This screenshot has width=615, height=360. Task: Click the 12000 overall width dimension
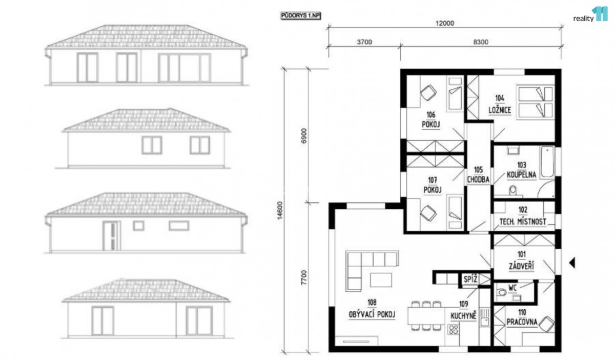pyautogui.click(x=445, y=23)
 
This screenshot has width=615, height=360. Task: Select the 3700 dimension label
pyautogui.click(x=364, y=42)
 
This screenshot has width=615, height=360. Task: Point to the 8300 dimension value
pyautogui.click(x=481, y=42)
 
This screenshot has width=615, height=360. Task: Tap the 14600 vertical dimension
pyautogui.click(x=279, y=210)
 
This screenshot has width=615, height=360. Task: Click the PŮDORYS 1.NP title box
pyautogui.click(x=301, y=16)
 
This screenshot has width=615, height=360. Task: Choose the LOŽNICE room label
pyautogui.click(x=500, y=110)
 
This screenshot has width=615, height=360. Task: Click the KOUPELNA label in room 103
pyautogui.click(x=521, y=175)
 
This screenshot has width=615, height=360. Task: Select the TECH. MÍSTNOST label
pyautogui.click(x=523, y=222)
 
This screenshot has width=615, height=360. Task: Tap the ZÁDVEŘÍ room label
pyautogui.click(x=521, y=266)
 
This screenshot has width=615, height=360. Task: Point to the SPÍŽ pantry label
pyautogui.click(x=470, y=279)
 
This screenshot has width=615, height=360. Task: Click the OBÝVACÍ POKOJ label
pyautogui.click(x=372, y=314)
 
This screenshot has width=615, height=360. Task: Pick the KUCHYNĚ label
pyautogui.click(x=463, y=316)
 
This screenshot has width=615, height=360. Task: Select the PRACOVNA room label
pyautogui.click(x=522, y=322)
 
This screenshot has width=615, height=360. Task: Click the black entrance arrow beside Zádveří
pyautogui.click(x=572, y=263)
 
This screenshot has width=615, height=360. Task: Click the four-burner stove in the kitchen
pyautogui.click(x=453, y=329)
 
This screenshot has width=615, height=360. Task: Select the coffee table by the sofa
pyautogui.click(x=381, y=280)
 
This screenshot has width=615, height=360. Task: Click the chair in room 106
pyautogui.click(x=428, y=93)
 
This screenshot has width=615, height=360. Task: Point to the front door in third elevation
pyautogui.click(x=112, y=236)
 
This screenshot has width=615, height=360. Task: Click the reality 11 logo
pyautogui.click(x=590, y=14)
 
